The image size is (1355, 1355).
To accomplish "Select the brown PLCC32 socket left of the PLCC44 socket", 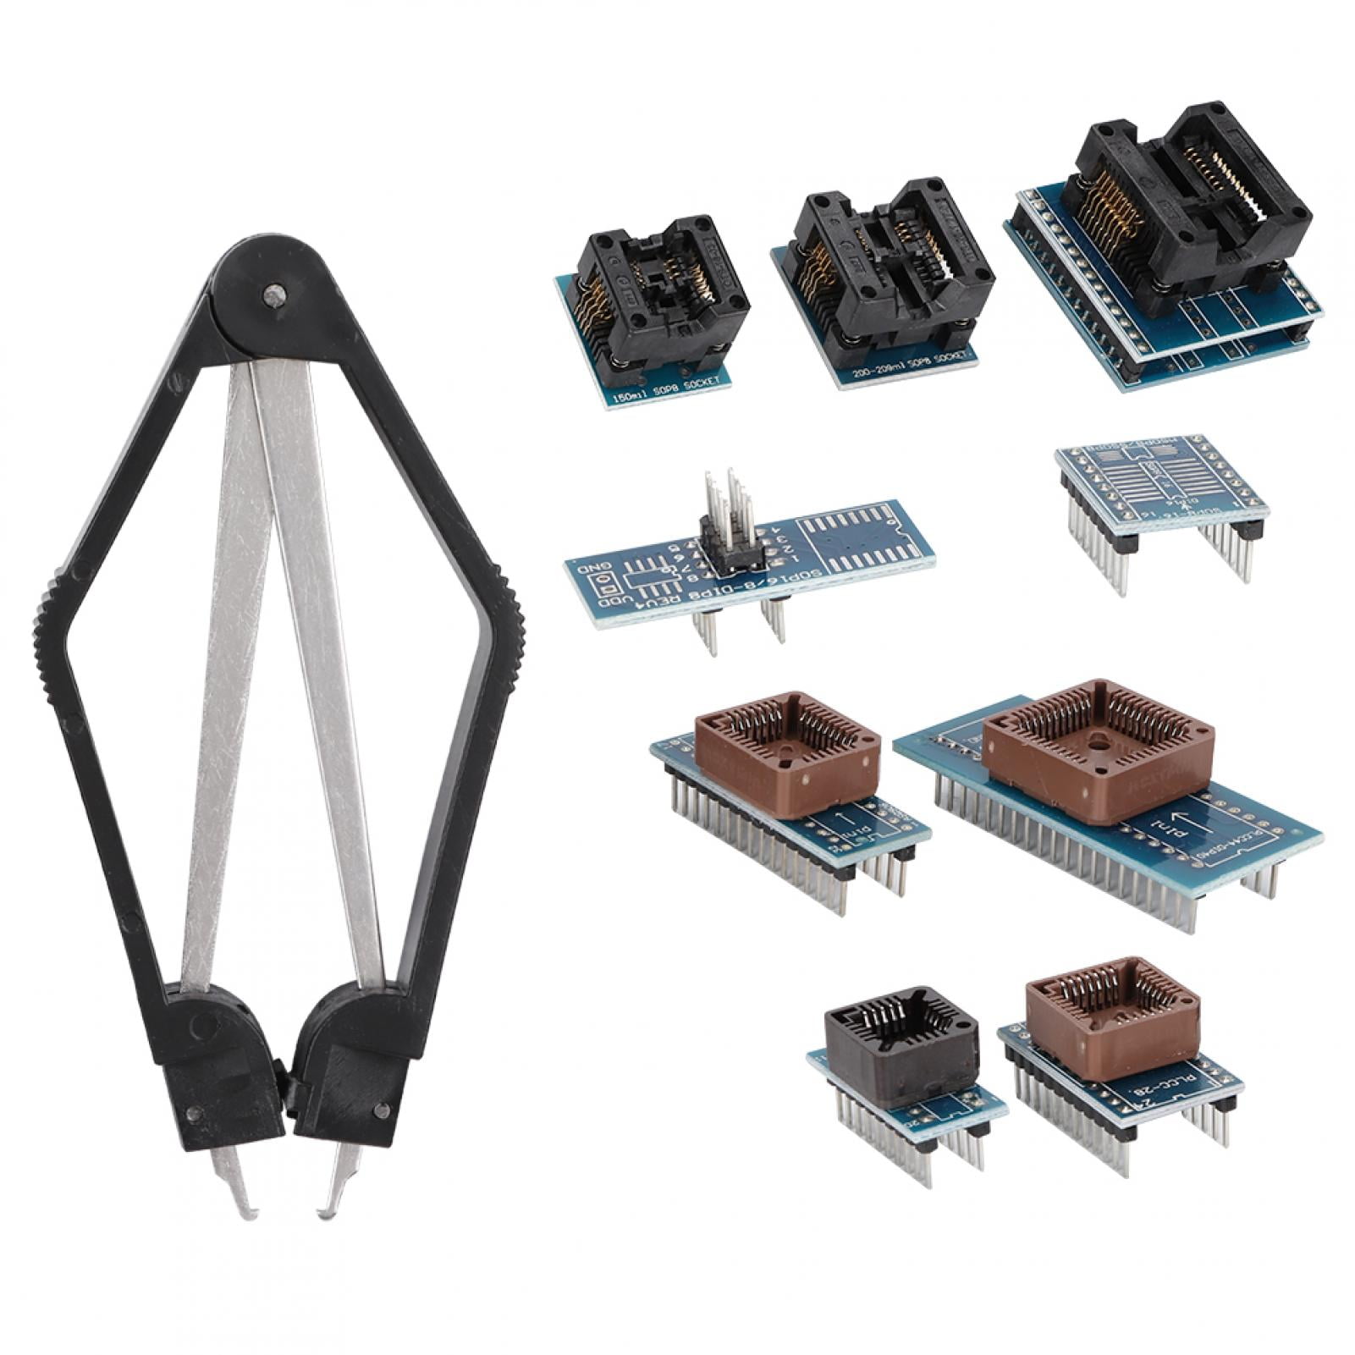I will coord(783,745).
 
